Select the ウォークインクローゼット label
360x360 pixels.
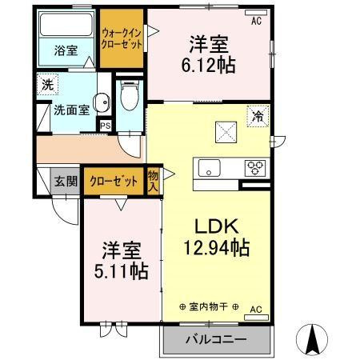click(x=122, y=38)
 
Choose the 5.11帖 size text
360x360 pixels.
click(x=119, y=271)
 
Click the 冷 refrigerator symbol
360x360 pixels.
click(x=258, y=115)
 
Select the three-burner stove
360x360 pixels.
click(x=256, y=168)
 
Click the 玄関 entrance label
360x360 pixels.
click(x=66, y=181)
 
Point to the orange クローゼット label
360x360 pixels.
click(x=113, y=181)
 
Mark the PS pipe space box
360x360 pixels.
click(x=104, y=124)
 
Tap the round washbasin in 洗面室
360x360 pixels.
click(x=102, y=102)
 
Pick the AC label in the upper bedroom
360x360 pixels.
click(x=256, y=21)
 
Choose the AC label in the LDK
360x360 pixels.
click(x=256, y=309)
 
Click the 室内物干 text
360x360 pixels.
click(x=212, y=307)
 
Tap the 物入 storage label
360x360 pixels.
click(x=154, y=181)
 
